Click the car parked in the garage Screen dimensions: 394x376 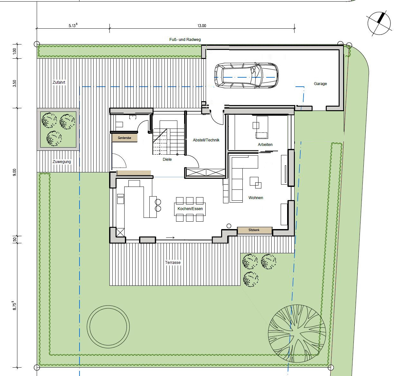click(x=246, y=75)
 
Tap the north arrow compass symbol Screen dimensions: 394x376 click(x=379, y=24)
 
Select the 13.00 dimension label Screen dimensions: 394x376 click(x=202, y=26)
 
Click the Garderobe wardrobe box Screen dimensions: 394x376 click(x=125, y=138)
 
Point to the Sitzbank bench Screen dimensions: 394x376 click(x=254, y=230)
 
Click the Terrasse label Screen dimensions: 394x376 click(x=173, y=263)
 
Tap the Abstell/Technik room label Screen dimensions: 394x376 click(x=206, y=140)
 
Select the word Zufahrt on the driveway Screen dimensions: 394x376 click(x=59, y=82)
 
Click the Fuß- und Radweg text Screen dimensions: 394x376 click(x=185, y=40)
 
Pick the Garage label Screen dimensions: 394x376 click(x=320, y=84)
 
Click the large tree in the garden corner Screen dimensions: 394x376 click(x=297, y=333)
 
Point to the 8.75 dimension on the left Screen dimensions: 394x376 click(x=14, y=305)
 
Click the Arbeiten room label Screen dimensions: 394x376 click(x=265, y=144)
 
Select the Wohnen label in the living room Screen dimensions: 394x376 click(x=256, y=198)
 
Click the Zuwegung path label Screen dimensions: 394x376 click(x=62, y=161)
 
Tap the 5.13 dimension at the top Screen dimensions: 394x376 click(x=73, y=25)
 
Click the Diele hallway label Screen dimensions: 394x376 click(x=167, y=159)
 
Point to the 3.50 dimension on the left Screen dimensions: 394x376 click(x=14, y=83)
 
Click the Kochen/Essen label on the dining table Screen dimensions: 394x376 click(x=190, y=209)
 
